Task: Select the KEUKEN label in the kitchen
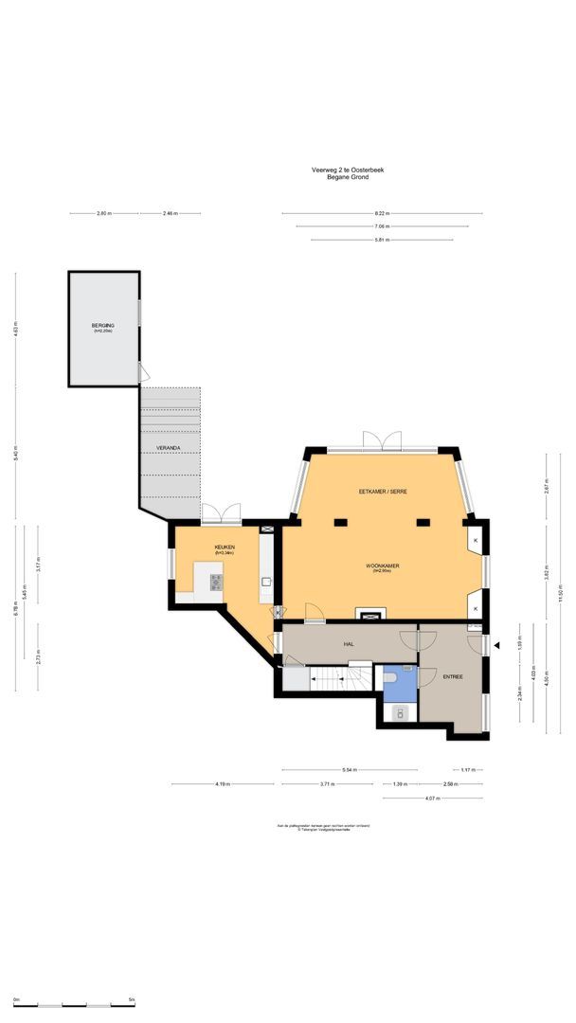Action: coord(224,547)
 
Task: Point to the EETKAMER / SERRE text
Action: coord(382,492)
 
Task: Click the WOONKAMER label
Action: coord(383,565)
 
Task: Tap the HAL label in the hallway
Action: coord(349,644)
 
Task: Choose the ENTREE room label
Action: coord(450,677)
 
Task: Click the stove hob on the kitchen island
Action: coord(216,582)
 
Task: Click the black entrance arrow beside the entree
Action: coord(496,646)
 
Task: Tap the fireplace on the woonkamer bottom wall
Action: coord(366,612)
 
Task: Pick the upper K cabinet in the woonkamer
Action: coord(476,541)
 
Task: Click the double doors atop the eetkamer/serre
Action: coord(381,441)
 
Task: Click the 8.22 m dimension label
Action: coord(382,213)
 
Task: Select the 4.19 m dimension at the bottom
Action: coord(223,784)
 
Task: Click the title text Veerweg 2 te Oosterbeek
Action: coord(348,170)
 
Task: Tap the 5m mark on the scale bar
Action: coord(131,1000)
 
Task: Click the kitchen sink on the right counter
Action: coord(266,582)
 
